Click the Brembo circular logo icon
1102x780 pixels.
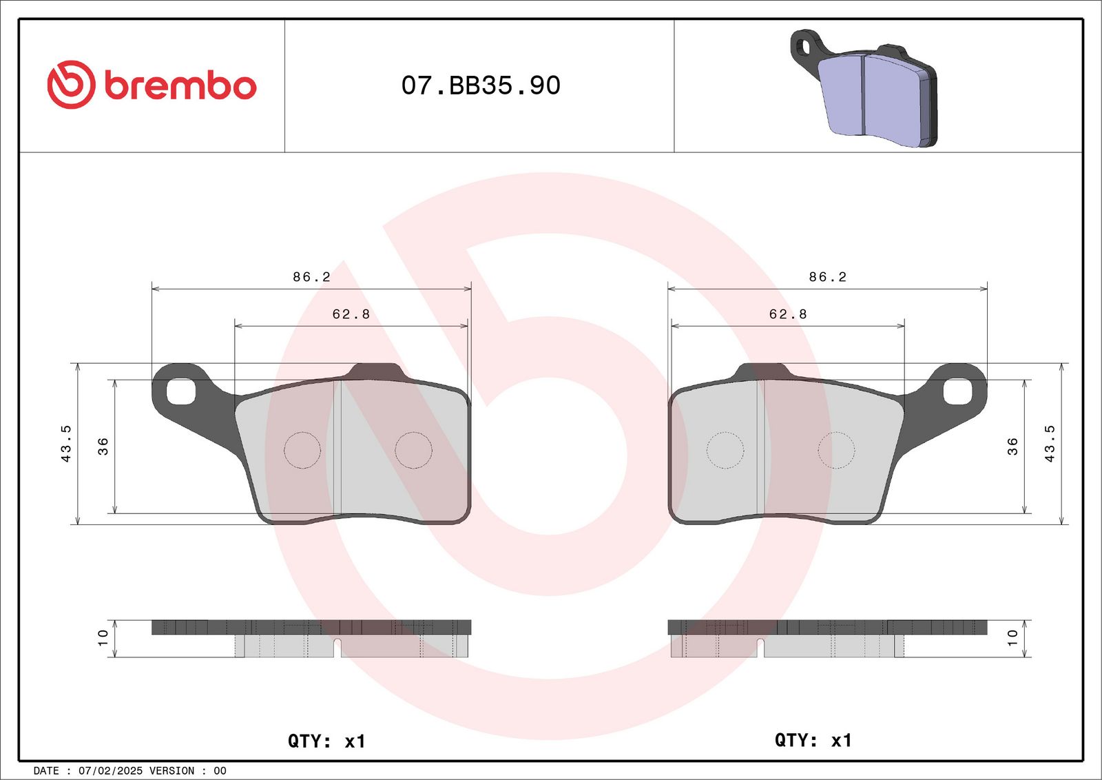[70, 85]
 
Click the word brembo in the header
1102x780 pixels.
[180, 86]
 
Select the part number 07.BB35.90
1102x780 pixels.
[481, 85]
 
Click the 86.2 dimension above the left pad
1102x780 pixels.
[311, 277]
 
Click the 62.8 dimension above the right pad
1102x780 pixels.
[788, 314]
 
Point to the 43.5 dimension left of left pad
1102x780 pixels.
[66, 444]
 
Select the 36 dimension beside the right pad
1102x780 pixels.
[1012, 446]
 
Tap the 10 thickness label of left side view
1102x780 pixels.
[103, 637]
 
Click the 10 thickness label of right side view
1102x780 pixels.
[1012, 637]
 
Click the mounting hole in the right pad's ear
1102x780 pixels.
[957, 391]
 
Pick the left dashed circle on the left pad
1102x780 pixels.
[302, 451]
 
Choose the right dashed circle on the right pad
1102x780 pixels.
[835, 451]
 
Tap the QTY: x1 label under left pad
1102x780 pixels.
[326, 741]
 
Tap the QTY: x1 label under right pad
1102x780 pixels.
[813, 740]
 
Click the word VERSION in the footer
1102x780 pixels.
[171, 771]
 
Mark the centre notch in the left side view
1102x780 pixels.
[337, 647]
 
